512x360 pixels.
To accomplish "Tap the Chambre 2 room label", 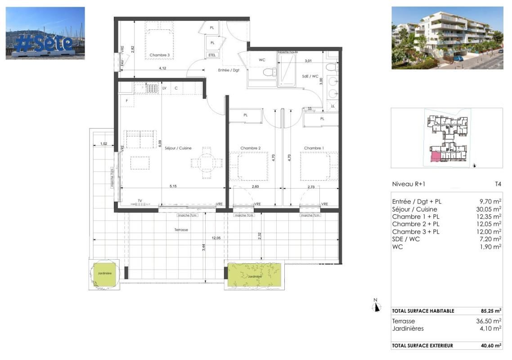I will click(x=251, y=148).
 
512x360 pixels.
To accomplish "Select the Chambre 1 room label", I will click(x=314, y=148).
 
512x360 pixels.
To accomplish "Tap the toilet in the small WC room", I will click(x=270, y=72).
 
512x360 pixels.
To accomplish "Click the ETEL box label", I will click(x=212, y=55).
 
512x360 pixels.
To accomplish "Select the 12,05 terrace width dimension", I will click(x=216, y=238).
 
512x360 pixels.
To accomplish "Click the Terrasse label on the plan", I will click(x=182, y=229).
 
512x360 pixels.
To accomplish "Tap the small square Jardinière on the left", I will click(x=103, y=274).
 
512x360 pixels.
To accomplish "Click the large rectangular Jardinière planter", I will click(x=254, y=275).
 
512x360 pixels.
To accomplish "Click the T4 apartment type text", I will click(x=498, y=184).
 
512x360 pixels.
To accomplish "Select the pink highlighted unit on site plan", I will click(x=436, y=157).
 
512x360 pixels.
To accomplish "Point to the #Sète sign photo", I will click(x=45, y=33).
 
